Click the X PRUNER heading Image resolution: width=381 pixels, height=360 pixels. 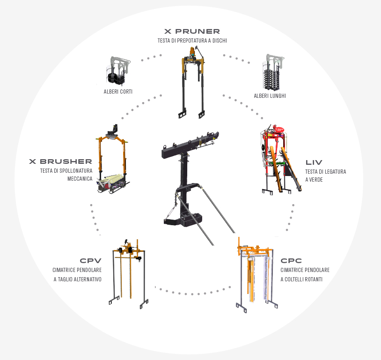[x=192, y=31]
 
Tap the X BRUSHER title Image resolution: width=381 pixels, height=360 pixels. [x=60, y=162]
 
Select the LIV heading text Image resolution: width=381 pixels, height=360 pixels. [x=314, y=162]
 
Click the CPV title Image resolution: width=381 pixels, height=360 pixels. [x=90, y=261]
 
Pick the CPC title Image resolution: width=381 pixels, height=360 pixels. [x=291, y=261]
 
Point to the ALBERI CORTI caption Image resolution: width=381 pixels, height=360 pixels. [x=118, y=92]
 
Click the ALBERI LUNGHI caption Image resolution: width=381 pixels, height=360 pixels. [x=270, y=96]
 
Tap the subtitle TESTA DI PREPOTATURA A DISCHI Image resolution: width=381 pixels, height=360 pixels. [x=192, y=41]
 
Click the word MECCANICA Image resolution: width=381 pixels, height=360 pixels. [x=80, y=179]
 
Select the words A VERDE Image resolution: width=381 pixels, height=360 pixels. [x=314, y=180]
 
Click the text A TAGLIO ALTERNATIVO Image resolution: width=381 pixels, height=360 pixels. [x=78, y=279]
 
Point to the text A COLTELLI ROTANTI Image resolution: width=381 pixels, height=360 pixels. [x=301, y=279]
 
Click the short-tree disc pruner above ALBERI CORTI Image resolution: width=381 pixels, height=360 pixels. [x=118, y=71]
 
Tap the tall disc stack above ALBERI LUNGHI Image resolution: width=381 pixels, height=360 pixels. [x=273, y=72]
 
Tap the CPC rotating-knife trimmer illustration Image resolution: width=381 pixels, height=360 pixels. [x=256, y=275]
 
